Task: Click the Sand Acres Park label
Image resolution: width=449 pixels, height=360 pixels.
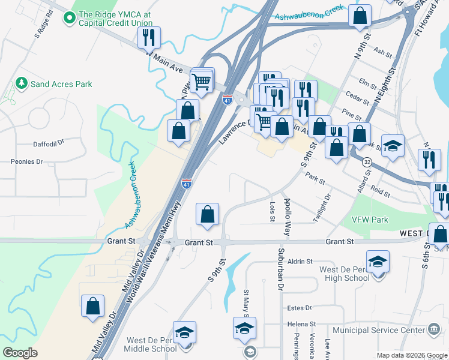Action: point(61,84)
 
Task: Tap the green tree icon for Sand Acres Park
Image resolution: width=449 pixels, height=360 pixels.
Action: point(22,82)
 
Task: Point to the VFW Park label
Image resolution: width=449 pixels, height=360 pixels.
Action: point(370,220)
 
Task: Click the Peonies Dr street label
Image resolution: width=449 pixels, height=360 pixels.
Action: point(27,161)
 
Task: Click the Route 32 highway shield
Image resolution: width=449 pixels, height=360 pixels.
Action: point(367,162)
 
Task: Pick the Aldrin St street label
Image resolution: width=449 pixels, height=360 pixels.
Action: point(301,262)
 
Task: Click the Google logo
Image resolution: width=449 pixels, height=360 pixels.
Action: point(20,353)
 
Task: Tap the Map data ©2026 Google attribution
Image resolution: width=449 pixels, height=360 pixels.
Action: point(411,355)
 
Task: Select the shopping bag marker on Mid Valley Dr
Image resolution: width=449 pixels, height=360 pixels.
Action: point(94,306)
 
